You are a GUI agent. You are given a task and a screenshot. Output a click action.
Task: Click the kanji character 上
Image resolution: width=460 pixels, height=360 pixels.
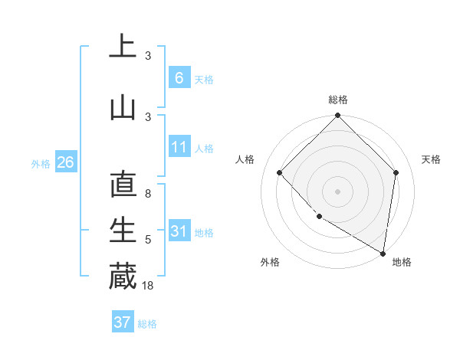coord(123,46)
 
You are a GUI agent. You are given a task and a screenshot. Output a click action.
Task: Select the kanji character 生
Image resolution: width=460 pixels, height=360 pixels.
coord(123,231)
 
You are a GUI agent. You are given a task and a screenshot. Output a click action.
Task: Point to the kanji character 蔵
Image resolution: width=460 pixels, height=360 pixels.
coord(123,276)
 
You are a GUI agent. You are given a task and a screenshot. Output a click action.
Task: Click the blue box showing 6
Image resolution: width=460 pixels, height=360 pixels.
coord(179,77)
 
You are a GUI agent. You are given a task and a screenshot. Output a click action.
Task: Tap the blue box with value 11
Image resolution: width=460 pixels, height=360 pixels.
coord(179,147)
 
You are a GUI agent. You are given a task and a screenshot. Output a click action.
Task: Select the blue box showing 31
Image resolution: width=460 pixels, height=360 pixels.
coord(179,231)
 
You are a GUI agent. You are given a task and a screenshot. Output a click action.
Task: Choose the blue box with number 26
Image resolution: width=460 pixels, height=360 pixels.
coord(65,162)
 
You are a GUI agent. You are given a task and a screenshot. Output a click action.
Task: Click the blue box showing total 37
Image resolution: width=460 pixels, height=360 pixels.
coord(123,322)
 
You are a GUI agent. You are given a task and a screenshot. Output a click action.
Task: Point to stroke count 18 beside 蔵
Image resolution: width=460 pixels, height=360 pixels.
coord(149,286)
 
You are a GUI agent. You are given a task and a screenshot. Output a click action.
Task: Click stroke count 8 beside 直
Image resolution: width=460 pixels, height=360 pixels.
coord(148,195)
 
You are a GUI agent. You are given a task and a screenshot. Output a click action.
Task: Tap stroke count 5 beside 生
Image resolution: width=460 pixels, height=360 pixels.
coord(148,241)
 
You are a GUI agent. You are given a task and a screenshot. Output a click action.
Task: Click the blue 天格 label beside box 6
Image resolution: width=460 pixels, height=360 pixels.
coord(204,79)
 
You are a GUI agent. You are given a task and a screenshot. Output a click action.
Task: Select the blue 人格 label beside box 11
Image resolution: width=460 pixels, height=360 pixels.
coord(204,149)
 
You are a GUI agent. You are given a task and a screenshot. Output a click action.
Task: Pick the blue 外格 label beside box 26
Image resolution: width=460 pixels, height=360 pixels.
coord(40,164)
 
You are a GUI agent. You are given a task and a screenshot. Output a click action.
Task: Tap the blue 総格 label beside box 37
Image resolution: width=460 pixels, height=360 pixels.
coord(147,324)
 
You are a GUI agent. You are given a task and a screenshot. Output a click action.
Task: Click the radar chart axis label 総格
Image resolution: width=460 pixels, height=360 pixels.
coord(337,100)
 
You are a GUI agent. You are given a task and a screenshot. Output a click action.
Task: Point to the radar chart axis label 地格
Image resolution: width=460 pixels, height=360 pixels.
coord(402,262)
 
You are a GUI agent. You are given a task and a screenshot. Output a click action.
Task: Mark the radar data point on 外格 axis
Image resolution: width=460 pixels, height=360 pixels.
coord(319,216)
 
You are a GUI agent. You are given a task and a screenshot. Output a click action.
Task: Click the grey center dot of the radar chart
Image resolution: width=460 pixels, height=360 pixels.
coord(337,191)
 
